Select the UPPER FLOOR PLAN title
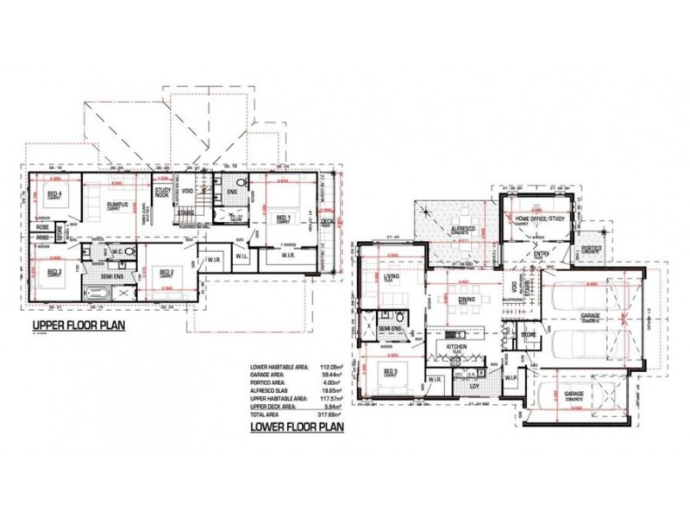pyautogui.click(x=78, y=325)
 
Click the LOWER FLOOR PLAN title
pyautogui.click(x=297, y=426)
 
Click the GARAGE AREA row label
pyautogui.click(x=267, y=374)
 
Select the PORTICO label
pyautogui.click(x=591, y=248)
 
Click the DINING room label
pyautogui.click(x=467, y=300)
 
